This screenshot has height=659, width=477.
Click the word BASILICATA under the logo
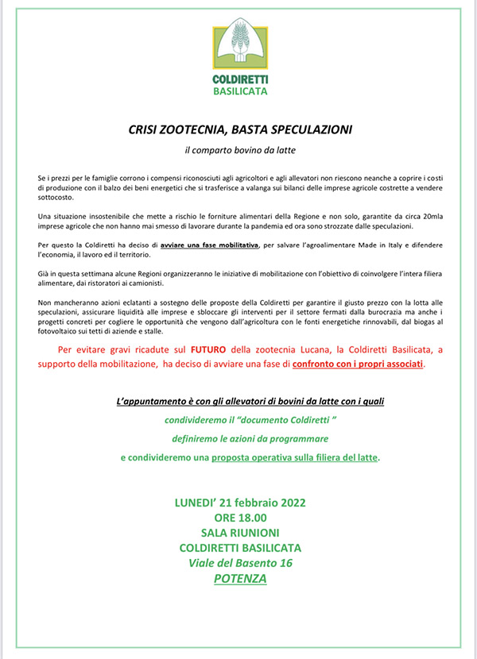[x=240, y=91]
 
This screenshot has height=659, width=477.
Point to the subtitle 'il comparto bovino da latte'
[x=239, y=149]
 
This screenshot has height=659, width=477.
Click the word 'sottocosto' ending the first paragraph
[x=56, y=195]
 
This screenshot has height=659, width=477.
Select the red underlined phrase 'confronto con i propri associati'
[x=359, y=364]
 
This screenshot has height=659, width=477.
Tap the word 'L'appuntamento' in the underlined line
[x=148, y=404]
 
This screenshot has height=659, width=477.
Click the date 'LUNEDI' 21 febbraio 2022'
[x=239, y=503]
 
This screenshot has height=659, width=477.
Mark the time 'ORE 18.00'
[x=239, y=518]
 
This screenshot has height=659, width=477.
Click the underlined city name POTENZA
[x=239, y=579]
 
